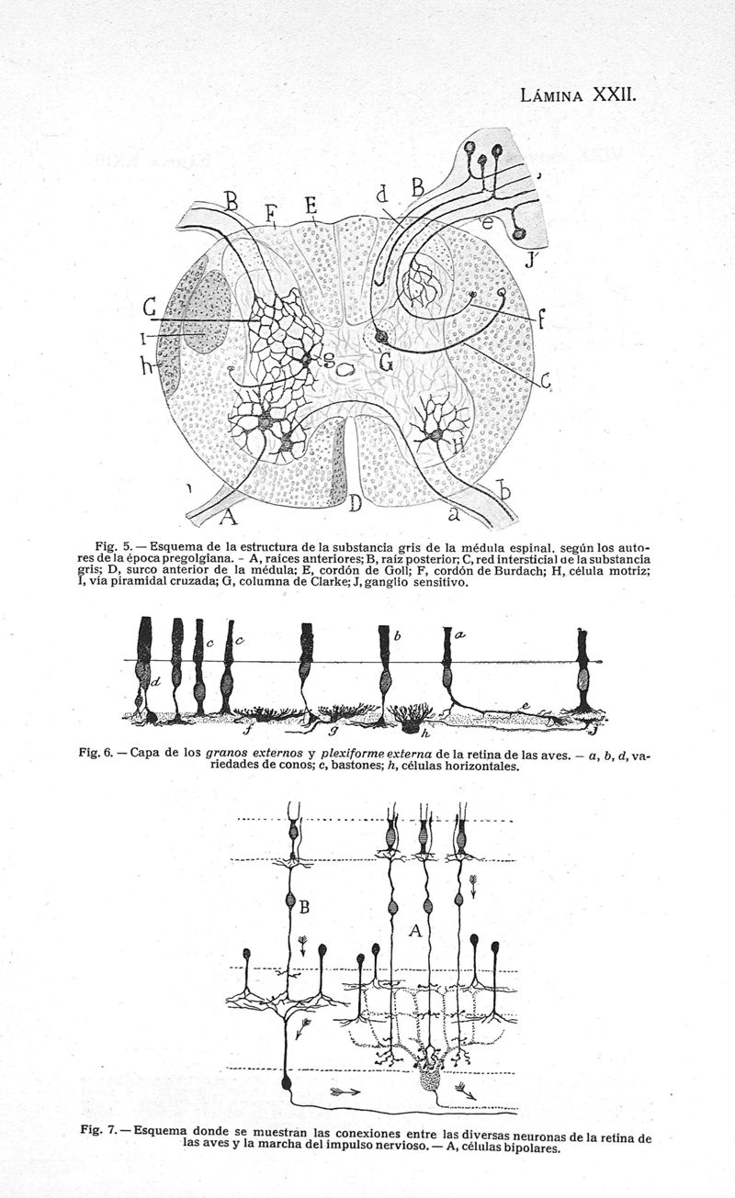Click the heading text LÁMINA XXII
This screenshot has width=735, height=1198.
pyautogui.click(x=578, y=95)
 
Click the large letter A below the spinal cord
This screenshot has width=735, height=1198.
pyautogui.click(x=229, y=517)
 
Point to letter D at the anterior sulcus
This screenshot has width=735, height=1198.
pyautogui.click(x=355, y=504)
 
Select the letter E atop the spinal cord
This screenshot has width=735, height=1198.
pyautogui.click(x=312, y=206)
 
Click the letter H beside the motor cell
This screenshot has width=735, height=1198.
pyautogui.click(x=458, y=445)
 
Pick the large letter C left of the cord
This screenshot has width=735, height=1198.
pyautogui.click(x=150, y=308)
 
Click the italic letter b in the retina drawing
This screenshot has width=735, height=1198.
pyautogui.click(x=398, y=636)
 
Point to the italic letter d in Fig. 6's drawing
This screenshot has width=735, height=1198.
pyautogui.click(x=155, y=682)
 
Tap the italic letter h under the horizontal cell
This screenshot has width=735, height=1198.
pyautogui.click(x=425, y=733)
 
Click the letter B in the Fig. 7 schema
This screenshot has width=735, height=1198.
pyautogui.click(x=304, y=907)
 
